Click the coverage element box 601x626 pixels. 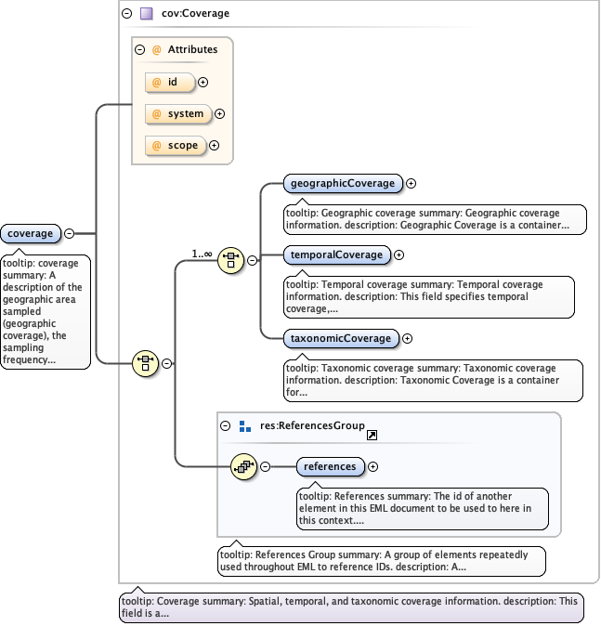coord(30,233)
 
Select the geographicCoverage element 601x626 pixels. coord(341,183)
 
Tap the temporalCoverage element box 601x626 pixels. coord(336,254)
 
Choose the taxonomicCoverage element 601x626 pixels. coord(340,338)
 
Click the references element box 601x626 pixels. coord(330,466)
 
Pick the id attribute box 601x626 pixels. coord(170,83)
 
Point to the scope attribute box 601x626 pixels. coord(175,145)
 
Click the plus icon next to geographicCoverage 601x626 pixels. coord(411,184)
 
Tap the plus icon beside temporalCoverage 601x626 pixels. coord(399,254)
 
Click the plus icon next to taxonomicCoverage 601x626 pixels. coord(407,339)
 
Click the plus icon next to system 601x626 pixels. coord(220,114)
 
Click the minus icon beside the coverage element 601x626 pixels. coord(69,233)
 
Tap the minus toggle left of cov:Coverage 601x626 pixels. coord(126,14)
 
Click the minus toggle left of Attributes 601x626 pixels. coord(139,50)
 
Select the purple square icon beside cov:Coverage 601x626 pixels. coord(146,14)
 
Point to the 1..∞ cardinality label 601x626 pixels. coord(202,253)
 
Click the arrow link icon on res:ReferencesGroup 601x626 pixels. coord(372,435)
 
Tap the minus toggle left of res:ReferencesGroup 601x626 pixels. coord(226,426)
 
